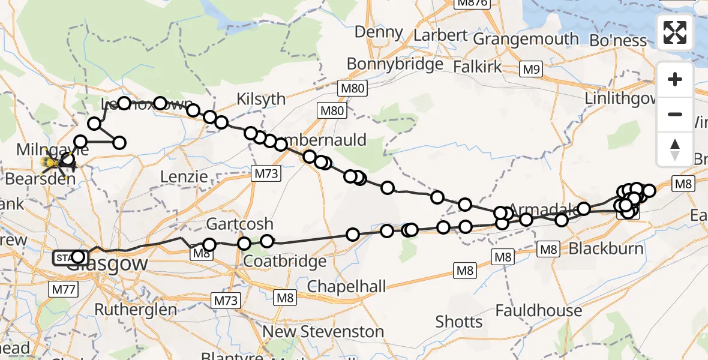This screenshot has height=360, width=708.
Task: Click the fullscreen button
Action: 675,32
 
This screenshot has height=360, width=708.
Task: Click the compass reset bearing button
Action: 675,149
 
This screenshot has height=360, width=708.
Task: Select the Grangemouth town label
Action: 526,40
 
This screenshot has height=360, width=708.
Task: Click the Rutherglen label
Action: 136,310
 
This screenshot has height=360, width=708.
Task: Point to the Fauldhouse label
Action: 539,311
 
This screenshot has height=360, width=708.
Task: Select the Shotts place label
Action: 458,322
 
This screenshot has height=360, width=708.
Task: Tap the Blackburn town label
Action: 605,248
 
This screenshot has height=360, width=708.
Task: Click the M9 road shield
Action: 531,70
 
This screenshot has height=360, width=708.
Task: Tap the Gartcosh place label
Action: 239,224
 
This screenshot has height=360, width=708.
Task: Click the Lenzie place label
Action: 184,177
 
